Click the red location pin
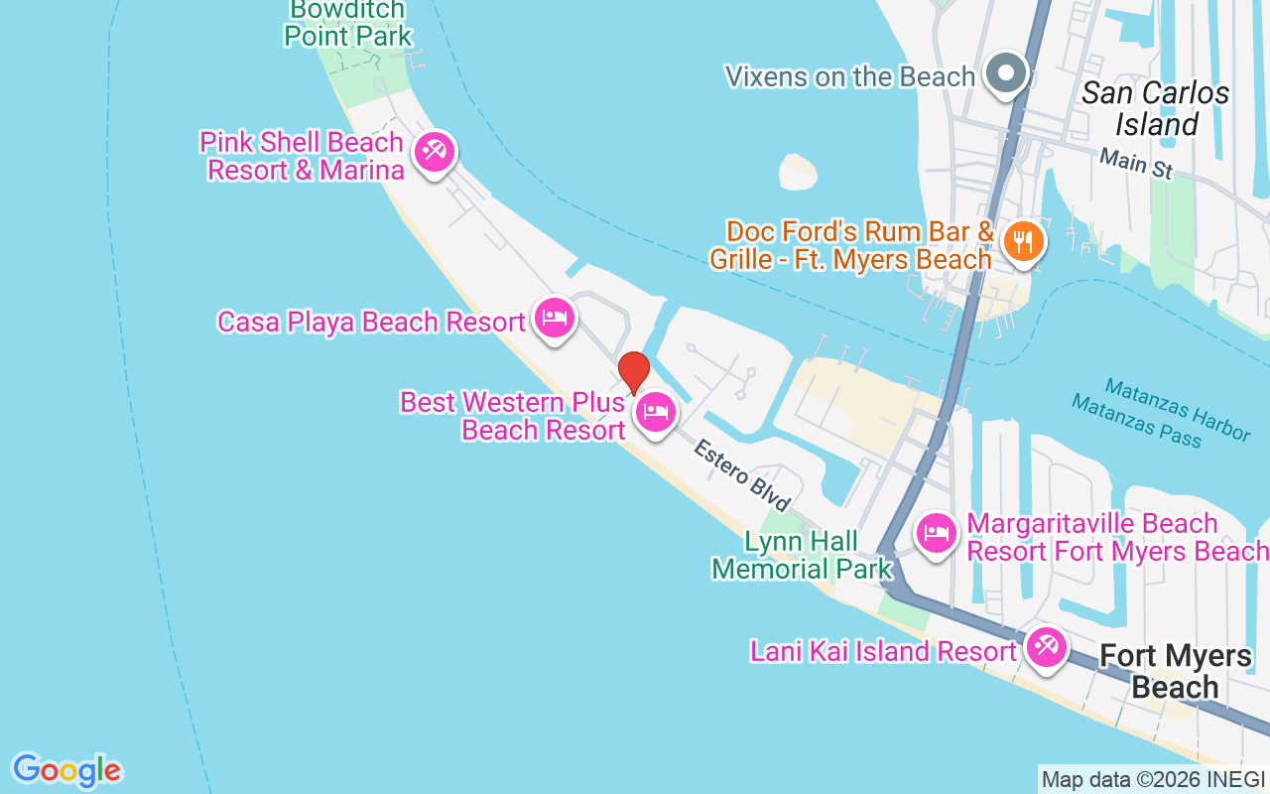point(633,372)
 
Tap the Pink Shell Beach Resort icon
point(434,153)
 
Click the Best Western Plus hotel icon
point(655,411)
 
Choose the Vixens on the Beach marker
point(1007,74)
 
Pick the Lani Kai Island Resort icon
point(1045,648)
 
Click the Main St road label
point(1136,164)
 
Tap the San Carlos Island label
point(1156,109)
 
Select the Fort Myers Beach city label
point(1176,671)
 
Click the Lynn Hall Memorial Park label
point(802,556)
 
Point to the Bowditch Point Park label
point(347,23)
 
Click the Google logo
point(66,770)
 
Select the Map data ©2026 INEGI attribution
point(1153,779)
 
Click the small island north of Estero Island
point(797,172)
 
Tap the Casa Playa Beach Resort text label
point(371,322)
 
